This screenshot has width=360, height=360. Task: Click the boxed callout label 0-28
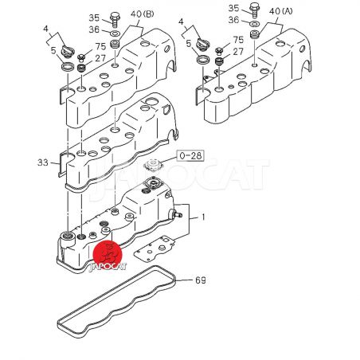click(x=190, y=155)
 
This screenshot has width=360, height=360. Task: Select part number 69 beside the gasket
click(x=201, y=280)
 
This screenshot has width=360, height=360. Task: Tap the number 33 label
click(x=43, y=162)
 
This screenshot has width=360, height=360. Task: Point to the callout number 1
click(x=203, y=217)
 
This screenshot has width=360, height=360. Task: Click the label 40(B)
click(x=142, y=14)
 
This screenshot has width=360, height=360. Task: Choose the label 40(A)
click(x=280, y=11)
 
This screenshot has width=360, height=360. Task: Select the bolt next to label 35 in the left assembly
click(x=115, y=19)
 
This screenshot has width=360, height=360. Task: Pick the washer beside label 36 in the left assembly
click(x=115, y=33)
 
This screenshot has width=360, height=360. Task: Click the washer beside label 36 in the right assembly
click(x=255, y=24)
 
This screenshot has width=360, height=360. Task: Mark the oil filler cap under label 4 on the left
click(x=68, y=51)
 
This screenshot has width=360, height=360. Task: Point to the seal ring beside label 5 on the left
click(x=68, y=66)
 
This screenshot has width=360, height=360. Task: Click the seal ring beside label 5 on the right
click(x=203, y=59)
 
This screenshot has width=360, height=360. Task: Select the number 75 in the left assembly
click(x=100, y=47)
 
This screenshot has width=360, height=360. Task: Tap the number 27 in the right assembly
click(x=238, y=52)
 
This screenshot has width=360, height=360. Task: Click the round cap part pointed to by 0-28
click(x=152, y=165)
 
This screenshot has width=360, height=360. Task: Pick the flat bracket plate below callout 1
click(x=155, y=248)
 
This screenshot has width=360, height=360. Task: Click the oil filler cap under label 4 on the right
click(x=203, y=44)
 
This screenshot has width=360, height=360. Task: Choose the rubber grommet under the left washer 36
click(x=115, y=44)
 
